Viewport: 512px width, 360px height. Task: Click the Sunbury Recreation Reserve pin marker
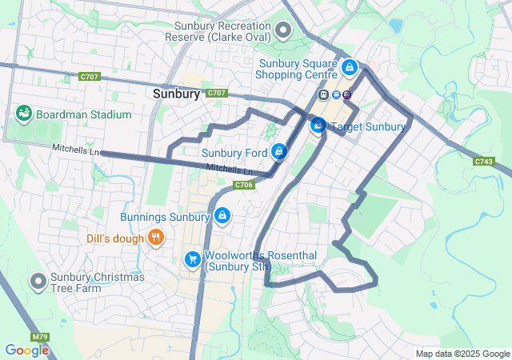pyautogui.click(x=282, y=31)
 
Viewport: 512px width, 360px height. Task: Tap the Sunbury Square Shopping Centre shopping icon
pyautogui.click(x=348, y=66)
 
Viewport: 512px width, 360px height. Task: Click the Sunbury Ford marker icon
pyautogui.click(x=278, y=151)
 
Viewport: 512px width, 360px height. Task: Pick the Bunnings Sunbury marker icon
pyautogui.click(x=222, y=216)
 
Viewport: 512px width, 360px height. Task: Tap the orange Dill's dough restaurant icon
pyautogui.click(x=156, y=238)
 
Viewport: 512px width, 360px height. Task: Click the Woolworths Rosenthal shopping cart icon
pyautogui.click(x=192, y=259)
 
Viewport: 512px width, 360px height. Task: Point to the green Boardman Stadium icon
pyautogui.click(x=23, y=114)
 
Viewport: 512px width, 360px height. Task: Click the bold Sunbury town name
pyautogui.click(x=175, y=94)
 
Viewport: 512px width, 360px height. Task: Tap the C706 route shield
pyautogui.click(x=244, y=185)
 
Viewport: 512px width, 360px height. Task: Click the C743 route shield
pyautogui.click(x=483, y=162)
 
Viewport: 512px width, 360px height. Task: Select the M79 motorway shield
pyautogui.click(x=40, y=337)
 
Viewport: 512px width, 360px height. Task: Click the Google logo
pyautogui.click(x=26, y=350)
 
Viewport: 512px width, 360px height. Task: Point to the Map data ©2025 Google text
pyautogui.click(x=462, y=354)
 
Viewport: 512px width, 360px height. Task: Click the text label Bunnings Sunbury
pyautogui.click(x=165, y=217)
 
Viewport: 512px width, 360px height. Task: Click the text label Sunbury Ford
pyautogui.click(x=234, y=152)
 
